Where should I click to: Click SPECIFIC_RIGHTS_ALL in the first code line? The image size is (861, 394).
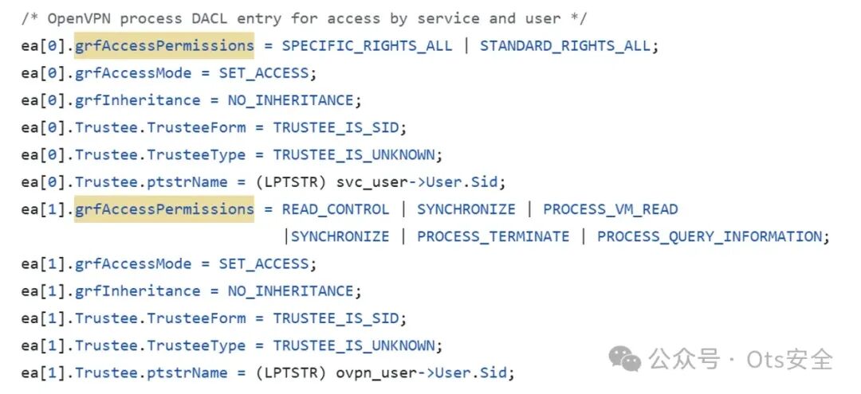367,45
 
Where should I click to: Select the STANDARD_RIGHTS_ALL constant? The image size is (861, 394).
564,45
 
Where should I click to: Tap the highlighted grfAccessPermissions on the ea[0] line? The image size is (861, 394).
164,45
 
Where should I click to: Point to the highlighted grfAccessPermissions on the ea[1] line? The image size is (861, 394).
164,209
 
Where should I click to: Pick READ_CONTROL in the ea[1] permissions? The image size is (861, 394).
336,209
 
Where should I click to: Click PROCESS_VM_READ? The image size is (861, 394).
610,209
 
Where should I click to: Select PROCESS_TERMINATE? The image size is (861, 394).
493,236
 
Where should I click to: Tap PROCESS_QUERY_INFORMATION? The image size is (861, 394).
709,236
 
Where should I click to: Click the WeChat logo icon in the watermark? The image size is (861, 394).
625,359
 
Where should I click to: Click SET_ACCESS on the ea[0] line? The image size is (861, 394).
264,73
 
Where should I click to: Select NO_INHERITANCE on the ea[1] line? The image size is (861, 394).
290,291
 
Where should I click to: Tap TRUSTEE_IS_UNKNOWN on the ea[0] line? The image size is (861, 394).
354,154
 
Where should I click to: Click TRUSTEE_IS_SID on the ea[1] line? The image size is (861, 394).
336,318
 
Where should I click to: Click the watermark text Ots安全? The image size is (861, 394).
789,359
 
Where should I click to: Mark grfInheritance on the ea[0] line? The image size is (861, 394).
138,100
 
